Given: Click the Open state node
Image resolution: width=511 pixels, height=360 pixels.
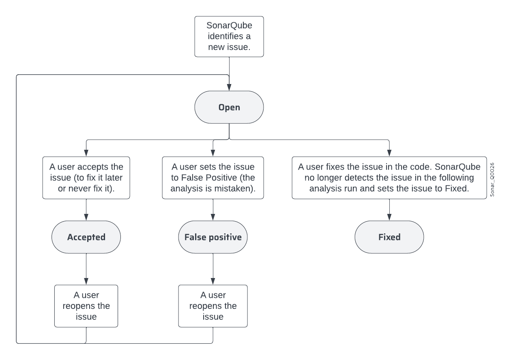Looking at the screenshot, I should click(x=229, y=108).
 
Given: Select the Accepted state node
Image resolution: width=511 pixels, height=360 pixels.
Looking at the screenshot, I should click(x=86, y=237).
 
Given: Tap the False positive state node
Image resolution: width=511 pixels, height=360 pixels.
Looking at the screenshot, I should click(x=213, y=237).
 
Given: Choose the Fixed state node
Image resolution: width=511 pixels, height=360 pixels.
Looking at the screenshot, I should click(x=389, y=237).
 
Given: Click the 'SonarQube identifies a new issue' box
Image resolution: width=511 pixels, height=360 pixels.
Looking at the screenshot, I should click(x=229, y=37).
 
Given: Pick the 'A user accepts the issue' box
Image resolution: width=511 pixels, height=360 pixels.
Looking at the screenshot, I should click(x=86, y=178).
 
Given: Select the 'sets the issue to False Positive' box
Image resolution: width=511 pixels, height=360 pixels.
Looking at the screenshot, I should click(x=213, y=178).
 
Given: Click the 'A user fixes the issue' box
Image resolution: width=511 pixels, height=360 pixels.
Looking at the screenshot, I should click(x=389, y=178).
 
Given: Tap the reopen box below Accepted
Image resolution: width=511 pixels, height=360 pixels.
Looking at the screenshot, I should click(x=86, y=306).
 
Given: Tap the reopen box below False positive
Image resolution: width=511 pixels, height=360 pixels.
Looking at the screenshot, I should click(x=213, y=306).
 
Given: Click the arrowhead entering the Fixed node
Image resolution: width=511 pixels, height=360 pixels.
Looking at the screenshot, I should click(x=389, y=218).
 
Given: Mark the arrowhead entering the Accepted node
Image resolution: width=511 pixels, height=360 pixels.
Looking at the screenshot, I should click(x=86, y=218).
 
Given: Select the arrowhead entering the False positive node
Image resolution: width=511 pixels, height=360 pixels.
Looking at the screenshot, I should click(x=213, y=218).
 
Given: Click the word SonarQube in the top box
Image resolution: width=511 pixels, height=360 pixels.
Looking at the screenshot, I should click(x=229, y=27).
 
